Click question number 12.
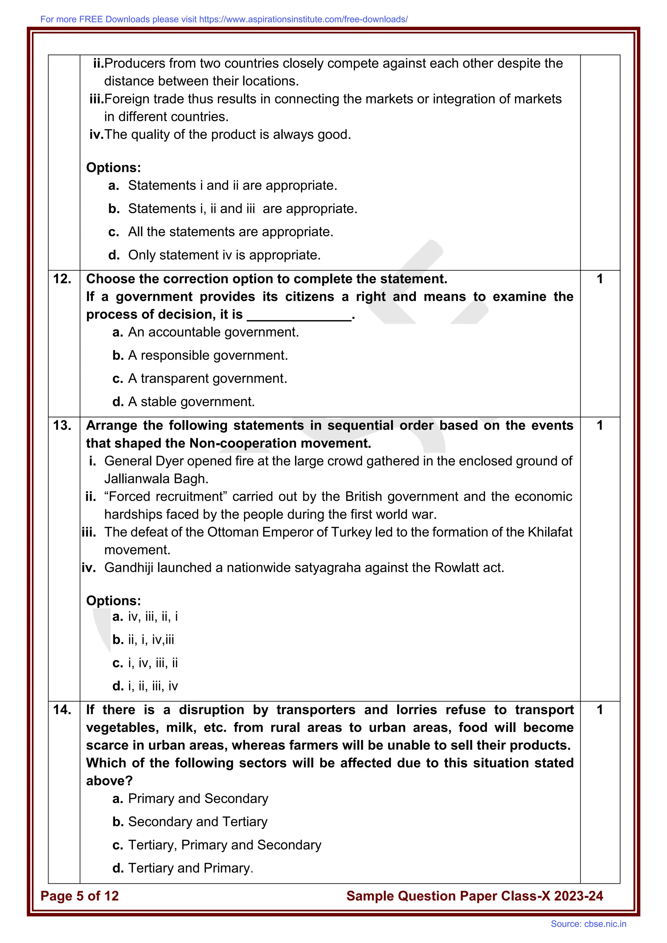point(62,279)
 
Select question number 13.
point(62,426)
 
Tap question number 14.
point(62,710)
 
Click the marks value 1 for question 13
point(600,426)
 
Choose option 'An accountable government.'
point(213,332)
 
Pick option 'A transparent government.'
point(207,378)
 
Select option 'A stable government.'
point(192,402)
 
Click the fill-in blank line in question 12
point(299,318)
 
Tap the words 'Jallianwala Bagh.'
point(156,479)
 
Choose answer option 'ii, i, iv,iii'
point(151,640)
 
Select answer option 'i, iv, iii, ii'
point(153,663)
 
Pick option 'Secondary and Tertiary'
point(198,822)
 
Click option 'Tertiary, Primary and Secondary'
point(224,845)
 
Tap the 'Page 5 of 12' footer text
point(80,896)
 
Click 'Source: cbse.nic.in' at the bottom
point(588,924)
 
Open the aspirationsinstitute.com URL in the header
point(303,19)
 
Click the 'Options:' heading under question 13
point(113,601)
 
